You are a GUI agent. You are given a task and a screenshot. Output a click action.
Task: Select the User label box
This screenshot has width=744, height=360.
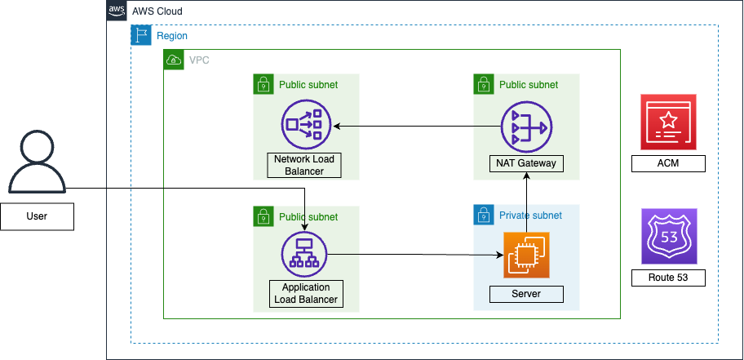(37, 216)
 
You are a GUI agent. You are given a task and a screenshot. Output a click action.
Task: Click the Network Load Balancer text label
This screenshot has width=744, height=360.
(304, 165)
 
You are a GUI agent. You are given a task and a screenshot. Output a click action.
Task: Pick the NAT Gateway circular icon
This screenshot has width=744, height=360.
(526, 127)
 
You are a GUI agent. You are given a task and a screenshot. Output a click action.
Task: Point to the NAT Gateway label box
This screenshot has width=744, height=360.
(526, 163)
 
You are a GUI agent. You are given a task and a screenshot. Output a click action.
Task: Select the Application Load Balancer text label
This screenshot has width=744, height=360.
(306, 293)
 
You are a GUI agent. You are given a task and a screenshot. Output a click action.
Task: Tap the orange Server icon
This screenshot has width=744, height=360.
(526, 255)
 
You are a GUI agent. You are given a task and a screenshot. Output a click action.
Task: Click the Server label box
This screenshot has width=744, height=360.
(526, 294)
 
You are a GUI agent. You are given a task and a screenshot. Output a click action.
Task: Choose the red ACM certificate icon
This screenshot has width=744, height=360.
(667, 121)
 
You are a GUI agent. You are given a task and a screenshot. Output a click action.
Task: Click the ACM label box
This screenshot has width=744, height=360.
(667, 164)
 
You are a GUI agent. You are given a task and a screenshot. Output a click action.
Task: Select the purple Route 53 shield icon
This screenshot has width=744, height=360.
(667, 235)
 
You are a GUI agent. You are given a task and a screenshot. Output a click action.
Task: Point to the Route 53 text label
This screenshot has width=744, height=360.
(667, 278)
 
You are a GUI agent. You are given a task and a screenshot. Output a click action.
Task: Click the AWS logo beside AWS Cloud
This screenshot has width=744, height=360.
(117, 11)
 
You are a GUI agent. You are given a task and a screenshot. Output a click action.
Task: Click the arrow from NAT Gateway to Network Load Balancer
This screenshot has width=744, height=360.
(416, 126)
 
